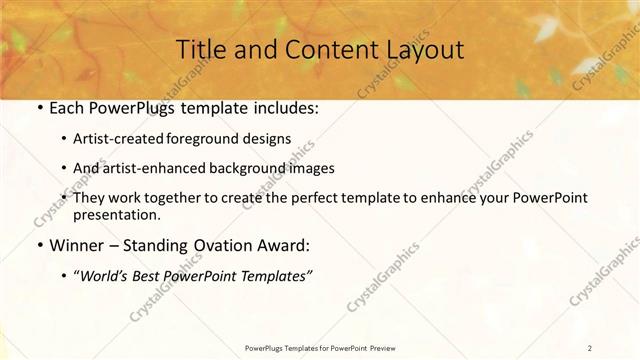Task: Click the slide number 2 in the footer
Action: [591, 347]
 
